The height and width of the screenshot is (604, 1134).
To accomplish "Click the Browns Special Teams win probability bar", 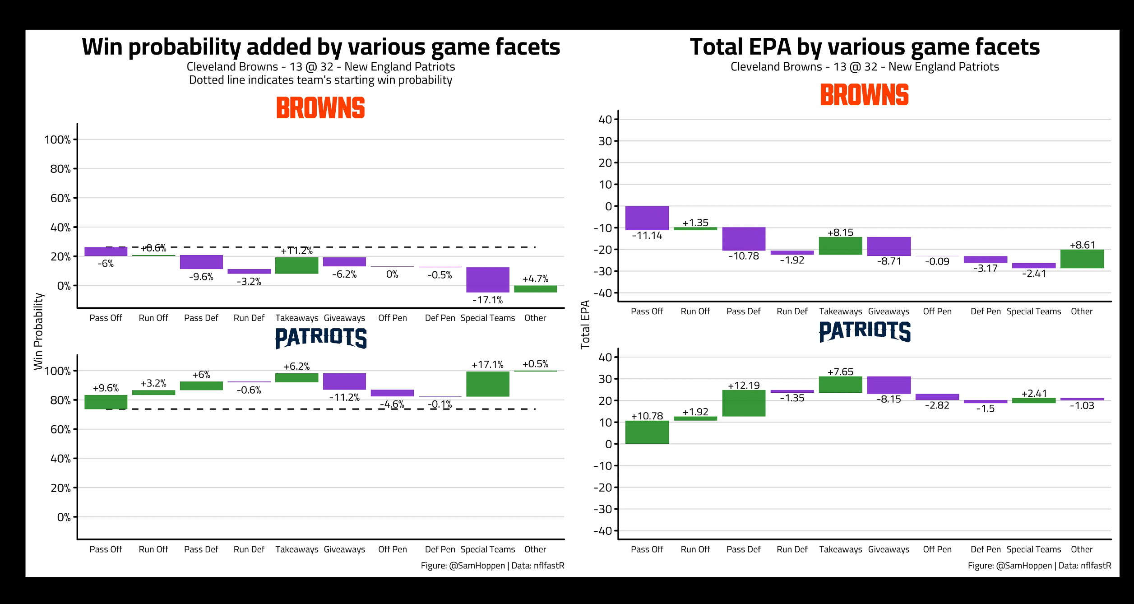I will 487,279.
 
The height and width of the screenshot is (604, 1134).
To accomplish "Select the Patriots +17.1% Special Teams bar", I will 487,384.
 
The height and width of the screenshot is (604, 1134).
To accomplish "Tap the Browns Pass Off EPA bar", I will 647,218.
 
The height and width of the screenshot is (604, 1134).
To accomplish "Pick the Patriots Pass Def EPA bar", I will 744,403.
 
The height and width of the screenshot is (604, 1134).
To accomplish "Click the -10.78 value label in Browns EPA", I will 744,256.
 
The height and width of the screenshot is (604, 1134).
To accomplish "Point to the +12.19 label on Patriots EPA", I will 744,386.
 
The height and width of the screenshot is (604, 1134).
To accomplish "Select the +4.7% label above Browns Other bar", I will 535,279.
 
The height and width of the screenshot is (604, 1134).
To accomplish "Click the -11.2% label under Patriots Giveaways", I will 344,397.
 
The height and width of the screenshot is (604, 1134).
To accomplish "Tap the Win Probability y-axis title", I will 39,331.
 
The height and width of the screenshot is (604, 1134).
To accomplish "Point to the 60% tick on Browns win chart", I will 60,198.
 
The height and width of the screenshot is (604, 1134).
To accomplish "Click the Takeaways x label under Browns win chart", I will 297,318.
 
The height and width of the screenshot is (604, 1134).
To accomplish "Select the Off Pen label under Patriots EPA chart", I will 937,549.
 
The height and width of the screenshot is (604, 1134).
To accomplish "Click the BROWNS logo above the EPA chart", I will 864,95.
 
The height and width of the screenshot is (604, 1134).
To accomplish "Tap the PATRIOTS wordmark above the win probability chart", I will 321,338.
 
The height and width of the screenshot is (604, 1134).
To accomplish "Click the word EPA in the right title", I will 769,47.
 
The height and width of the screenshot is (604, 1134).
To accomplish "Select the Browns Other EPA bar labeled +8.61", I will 1082,259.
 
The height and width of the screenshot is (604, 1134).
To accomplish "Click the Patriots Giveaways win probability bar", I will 344,381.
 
